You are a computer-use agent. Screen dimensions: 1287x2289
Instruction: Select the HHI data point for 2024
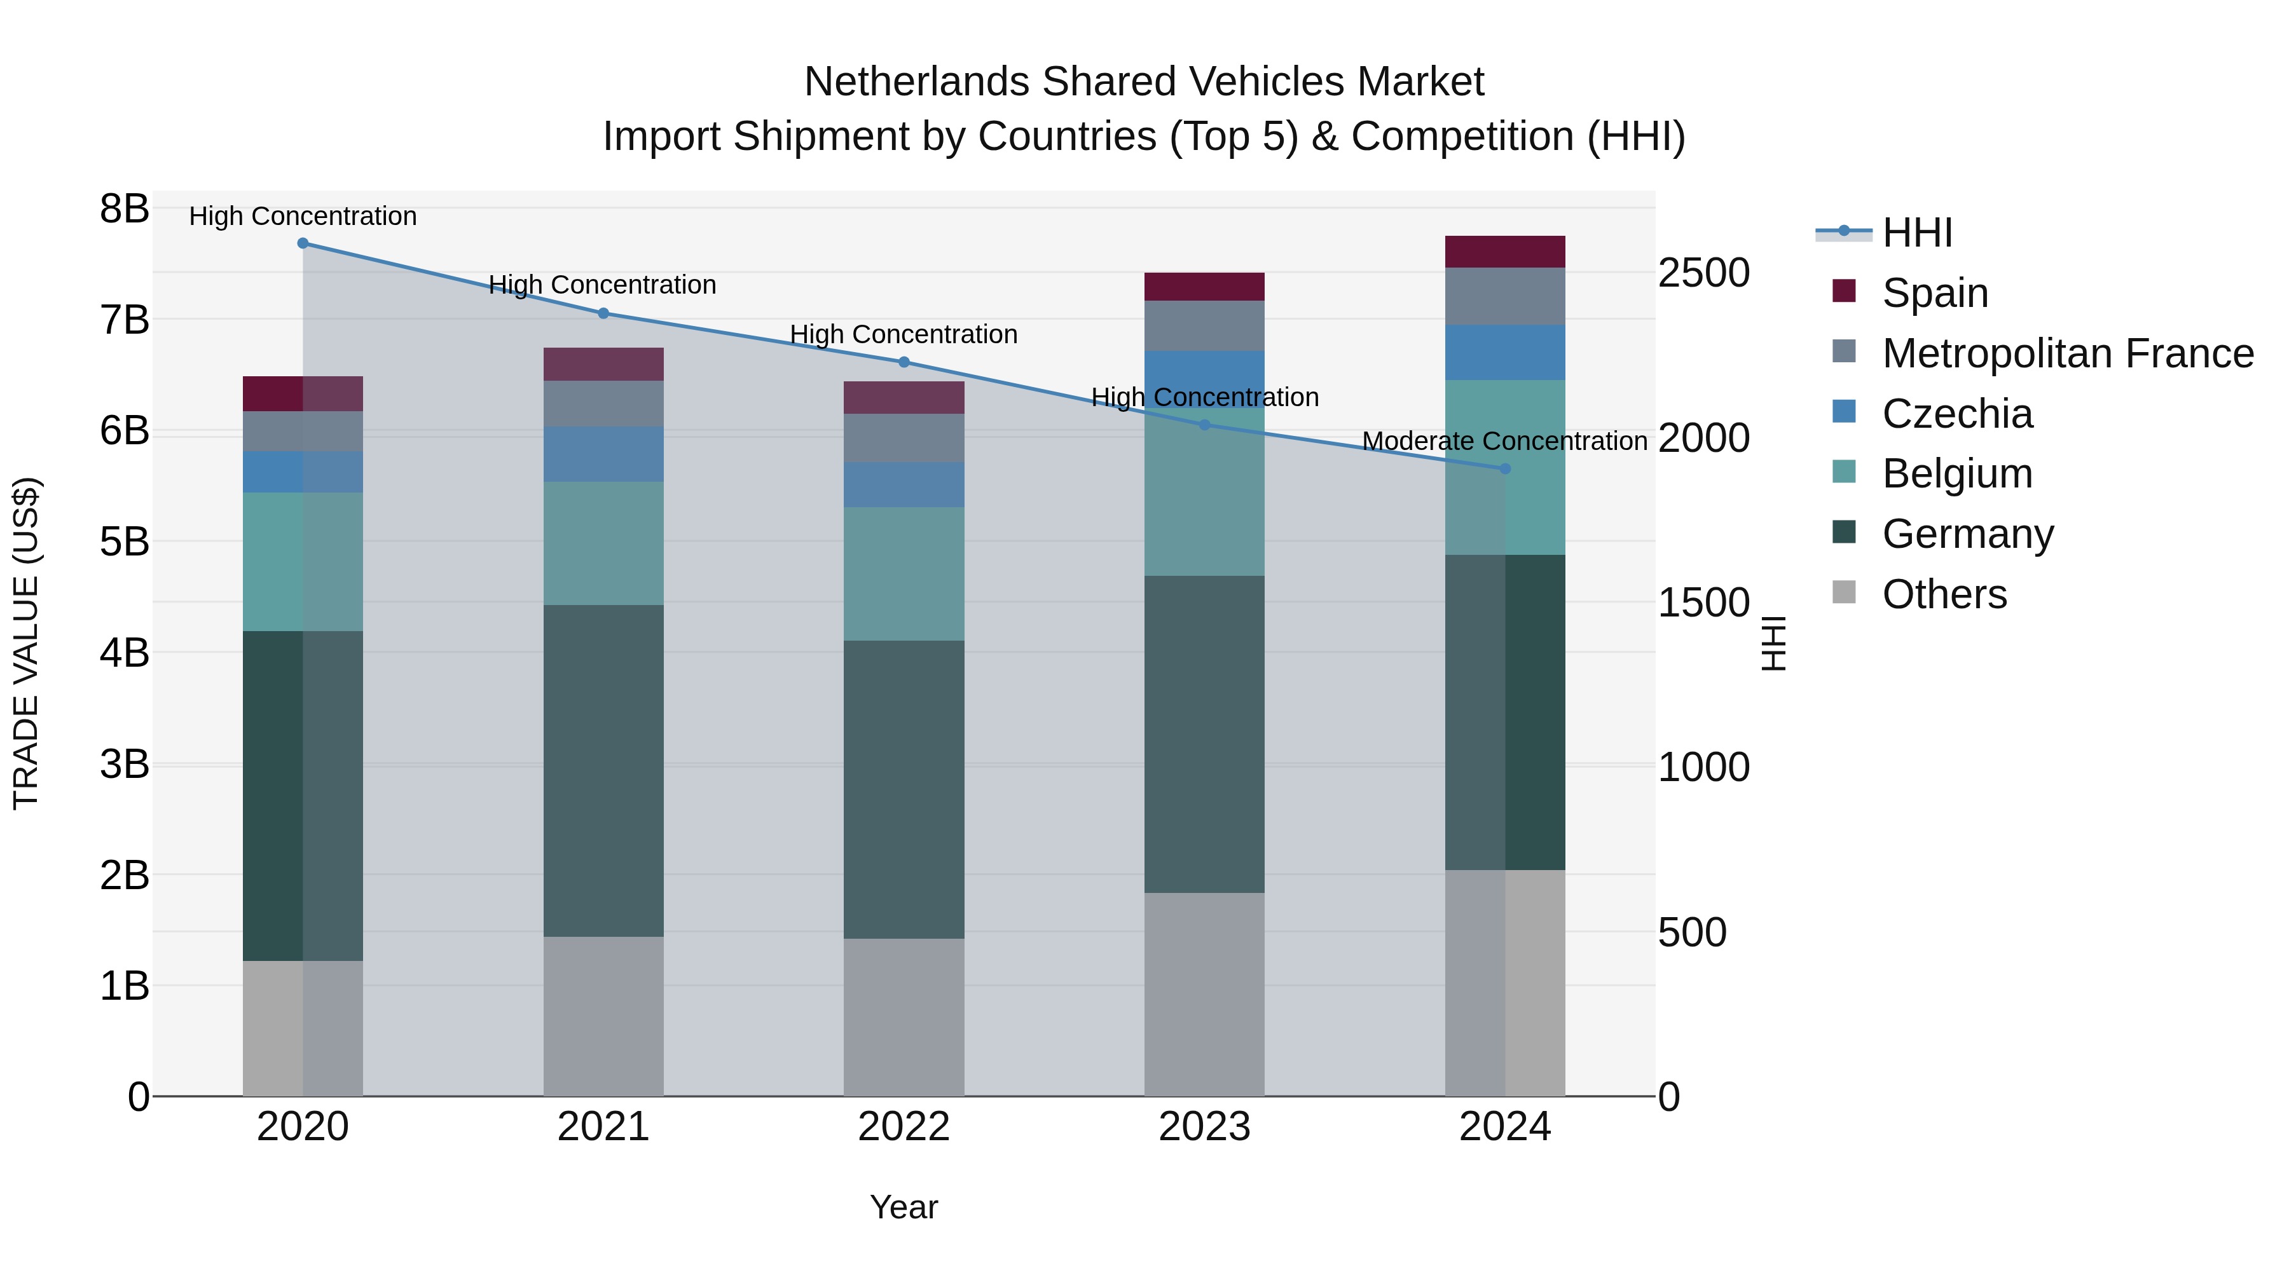coord(1504,468)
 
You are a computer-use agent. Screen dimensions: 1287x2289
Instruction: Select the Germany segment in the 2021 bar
coord(603,770)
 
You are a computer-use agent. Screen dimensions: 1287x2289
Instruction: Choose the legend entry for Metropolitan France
coord(2067,353)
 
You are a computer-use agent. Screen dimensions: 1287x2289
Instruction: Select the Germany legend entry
coord(1967,533)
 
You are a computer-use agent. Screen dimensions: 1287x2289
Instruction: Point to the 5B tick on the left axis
coord(125,541)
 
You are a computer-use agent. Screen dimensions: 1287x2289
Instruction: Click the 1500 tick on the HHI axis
coord(1703,603)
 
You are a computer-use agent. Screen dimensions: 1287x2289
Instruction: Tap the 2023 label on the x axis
coord(1204,1126)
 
